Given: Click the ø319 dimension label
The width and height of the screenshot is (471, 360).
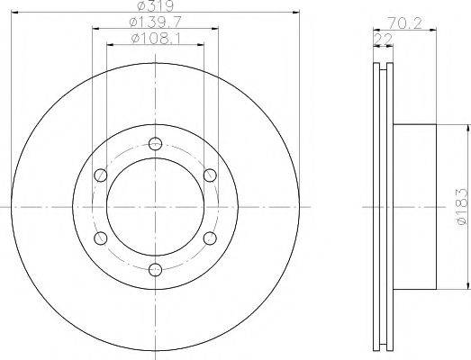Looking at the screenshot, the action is click(155, 5).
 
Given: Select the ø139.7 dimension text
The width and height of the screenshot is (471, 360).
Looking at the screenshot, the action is click(155, 22).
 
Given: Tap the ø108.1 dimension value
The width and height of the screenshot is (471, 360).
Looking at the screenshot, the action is click(156, 39).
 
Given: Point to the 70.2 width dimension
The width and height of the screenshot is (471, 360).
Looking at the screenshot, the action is click(404, 23).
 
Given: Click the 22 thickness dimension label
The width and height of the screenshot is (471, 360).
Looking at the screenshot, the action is click(384, 40).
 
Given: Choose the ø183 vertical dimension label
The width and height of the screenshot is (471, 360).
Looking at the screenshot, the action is click(462, 207).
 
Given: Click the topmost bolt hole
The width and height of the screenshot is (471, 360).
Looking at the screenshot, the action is click(155, 143).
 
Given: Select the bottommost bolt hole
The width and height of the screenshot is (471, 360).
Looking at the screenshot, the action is click(155, 270).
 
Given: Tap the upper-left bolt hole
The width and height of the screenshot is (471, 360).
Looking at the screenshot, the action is click(101, 175).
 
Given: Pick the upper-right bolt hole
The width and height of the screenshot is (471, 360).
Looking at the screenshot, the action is click(210, 175).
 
